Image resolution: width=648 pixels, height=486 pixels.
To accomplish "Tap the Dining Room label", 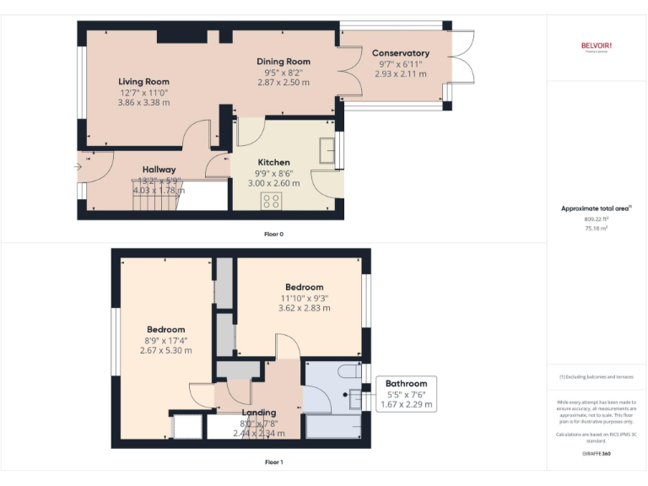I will [x=283, y=62].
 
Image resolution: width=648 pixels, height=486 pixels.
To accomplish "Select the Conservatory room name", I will [x=400, y=53].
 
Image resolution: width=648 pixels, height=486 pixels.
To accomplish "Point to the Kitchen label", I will [x=273, y=162].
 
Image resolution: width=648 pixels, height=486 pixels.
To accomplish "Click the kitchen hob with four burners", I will [x=272, y=200].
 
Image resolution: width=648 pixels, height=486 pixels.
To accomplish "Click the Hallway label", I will [x=159, y=170].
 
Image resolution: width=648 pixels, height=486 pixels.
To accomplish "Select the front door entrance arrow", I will [x=78, y=166].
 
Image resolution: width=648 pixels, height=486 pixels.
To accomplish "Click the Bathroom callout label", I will [x=406, y=383].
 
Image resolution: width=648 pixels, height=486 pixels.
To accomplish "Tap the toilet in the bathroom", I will [x=348, y=371].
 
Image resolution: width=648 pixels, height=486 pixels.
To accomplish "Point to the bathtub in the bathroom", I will [x=332, y=426].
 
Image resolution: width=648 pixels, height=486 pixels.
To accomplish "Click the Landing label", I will [x=259, y=413].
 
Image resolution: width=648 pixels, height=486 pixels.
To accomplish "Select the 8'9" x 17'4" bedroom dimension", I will [x=165, y=340].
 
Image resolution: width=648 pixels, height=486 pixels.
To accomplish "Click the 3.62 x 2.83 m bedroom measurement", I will [x=304, y=308].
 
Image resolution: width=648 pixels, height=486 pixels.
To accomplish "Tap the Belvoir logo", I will [x=596, y=46].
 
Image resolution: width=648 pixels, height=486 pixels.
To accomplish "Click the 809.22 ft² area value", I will [x=596, y=219].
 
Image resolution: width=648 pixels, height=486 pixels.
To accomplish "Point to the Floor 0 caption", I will [x=273, y=234].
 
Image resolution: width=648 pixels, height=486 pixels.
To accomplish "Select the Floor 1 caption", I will [x=273, y=462].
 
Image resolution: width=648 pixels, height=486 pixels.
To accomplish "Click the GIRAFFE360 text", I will [x=596, y=454].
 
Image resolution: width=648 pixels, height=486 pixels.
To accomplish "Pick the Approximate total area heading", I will [x=596, y=208].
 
